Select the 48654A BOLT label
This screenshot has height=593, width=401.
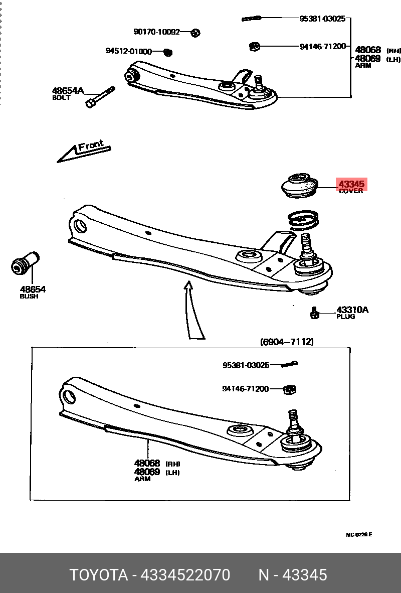[68, 93]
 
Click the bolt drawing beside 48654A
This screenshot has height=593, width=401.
[100, 97]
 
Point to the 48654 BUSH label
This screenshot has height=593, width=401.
[33, 291]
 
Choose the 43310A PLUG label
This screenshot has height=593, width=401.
[352, 313]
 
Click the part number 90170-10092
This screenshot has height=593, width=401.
[156, 32]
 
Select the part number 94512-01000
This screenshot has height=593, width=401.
[128, 51]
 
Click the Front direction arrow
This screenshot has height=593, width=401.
[84, 151]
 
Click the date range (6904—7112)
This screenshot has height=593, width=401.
[287, 342]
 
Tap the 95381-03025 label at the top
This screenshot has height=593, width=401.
[322, 19]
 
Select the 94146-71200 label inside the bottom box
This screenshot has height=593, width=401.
[246, 388]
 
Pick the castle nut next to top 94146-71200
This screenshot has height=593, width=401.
[254, 47]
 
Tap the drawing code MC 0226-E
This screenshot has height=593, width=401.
[359, 535]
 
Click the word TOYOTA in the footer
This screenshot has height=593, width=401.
[98, 574]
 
